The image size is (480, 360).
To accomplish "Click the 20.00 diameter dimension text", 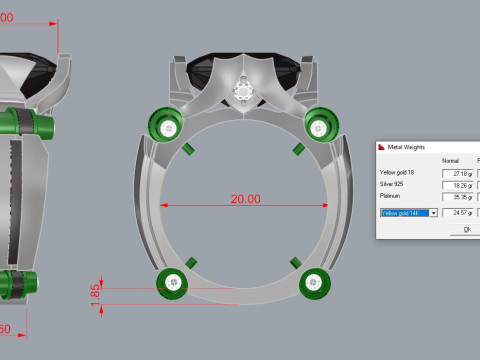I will [246, 199].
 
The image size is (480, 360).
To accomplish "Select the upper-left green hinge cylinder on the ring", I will [164, 126].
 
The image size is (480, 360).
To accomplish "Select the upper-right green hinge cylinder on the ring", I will [320, 126].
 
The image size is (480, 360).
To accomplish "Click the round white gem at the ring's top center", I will [243, 91].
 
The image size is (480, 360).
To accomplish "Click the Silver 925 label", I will [397, 185].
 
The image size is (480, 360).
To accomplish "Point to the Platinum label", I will [393, 197].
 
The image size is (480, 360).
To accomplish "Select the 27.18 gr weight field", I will [458, 173].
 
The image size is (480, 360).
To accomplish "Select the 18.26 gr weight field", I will [458, 185].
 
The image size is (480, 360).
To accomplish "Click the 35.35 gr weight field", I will [458, 197].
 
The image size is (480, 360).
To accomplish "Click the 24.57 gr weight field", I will [458, 212].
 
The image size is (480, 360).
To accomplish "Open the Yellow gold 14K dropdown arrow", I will [433, 212].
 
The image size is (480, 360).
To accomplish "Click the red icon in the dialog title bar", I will [382, 147].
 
